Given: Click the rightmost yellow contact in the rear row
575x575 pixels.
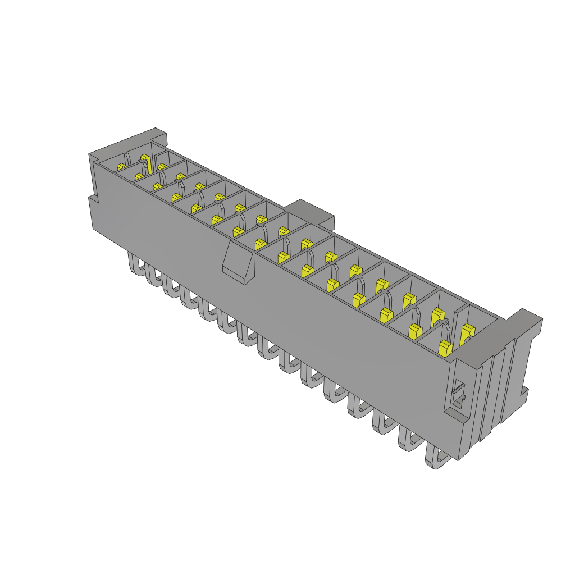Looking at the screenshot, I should tap(467, 335).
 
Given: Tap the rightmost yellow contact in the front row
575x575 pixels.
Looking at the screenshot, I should tap(445, 349).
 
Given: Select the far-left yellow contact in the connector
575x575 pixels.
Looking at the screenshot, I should tap(121, 167).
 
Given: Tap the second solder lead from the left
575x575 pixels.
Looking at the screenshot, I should tap(154, 276).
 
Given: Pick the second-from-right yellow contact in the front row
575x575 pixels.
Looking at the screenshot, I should tap(414, 331).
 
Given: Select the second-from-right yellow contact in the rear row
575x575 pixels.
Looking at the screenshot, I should tap(436, 317).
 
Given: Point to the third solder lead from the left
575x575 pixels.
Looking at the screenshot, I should tap(171, 287).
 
